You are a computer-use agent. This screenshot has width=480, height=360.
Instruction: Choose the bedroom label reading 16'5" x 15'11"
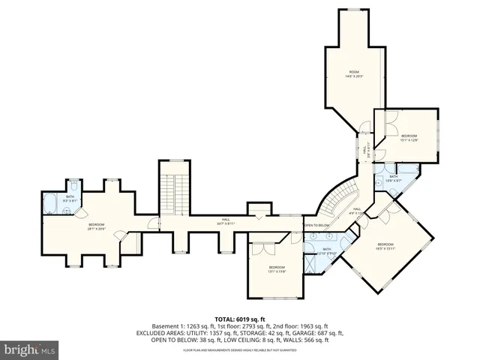point(385,247)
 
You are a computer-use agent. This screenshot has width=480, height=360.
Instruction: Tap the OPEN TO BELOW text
point(317,225)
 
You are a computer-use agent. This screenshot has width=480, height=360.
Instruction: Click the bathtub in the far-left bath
point(51,202)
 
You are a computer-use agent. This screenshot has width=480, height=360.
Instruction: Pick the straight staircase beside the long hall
point(172,187)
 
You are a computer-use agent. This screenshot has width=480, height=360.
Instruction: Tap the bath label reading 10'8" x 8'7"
point(394,179)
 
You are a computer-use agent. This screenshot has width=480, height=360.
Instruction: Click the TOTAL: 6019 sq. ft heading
point(239,318)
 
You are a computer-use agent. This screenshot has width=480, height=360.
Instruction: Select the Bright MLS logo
point(30,349)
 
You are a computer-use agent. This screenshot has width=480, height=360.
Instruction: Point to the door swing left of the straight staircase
point(153,223)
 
